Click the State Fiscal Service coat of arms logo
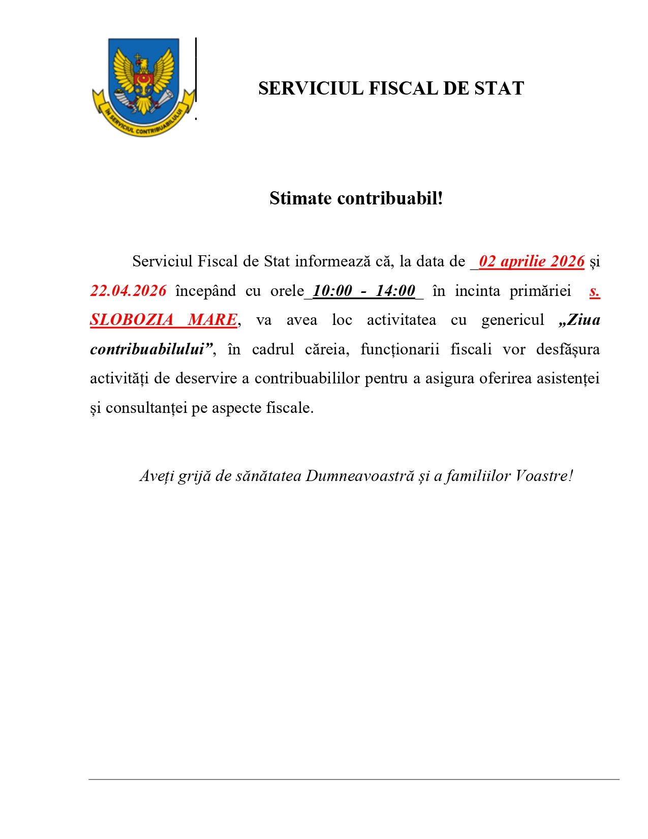(x=143, y=86)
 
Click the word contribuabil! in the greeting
(x=390, y=198)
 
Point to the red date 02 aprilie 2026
(x=532, y=261)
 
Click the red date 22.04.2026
(x=128, y=291)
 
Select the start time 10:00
(x=332, y=291)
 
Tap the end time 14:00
(x=395, y=291)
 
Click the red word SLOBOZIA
(x=132, y=320)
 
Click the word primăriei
(x=540, y=291)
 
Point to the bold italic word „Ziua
(x=579, y=320)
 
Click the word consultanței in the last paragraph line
(x=146, y=408)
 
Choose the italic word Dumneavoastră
(x=360, y=476)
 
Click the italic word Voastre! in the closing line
(x=544, y=476)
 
